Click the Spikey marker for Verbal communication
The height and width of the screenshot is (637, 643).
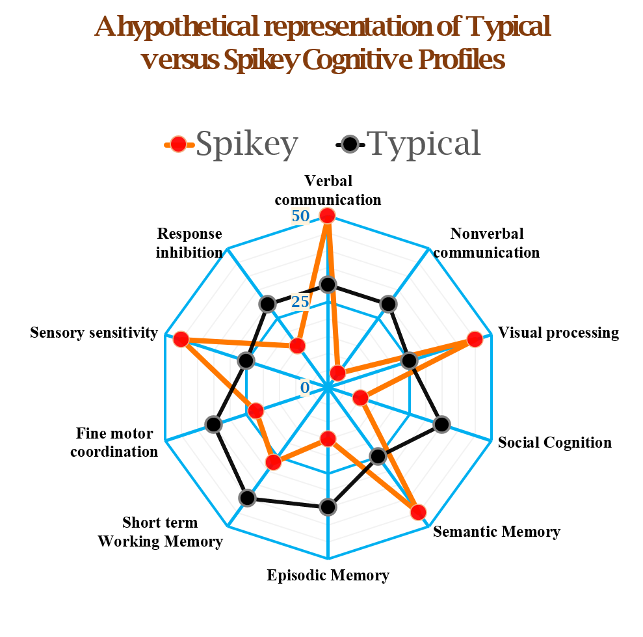327,215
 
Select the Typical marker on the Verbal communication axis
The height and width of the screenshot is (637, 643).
328,284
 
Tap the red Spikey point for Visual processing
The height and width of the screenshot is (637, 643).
475,340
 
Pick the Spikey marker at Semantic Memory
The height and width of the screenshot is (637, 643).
418,512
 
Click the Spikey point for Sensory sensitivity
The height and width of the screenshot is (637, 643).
181,340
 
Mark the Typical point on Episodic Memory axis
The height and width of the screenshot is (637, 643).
328,507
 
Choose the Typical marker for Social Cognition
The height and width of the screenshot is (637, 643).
441,424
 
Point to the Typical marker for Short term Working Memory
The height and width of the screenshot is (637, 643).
247,498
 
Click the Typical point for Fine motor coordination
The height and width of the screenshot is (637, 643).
213,424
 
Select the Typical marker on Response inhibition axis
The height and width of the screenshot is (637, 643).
267,304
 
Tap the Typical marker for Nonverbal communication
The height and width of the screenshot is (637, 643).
388,304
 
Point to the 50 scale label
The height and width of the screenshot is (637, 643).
300,215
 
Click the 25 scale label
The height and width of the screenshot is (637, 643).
300,302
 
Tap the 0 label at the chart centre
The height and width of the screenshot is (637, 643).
305,387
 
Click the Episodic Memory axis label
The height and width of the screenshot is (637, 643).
328,575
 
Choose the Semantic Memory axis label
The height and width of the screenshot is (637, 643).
497,532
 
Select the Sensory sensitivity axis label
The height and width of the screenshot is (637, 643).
94,332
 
